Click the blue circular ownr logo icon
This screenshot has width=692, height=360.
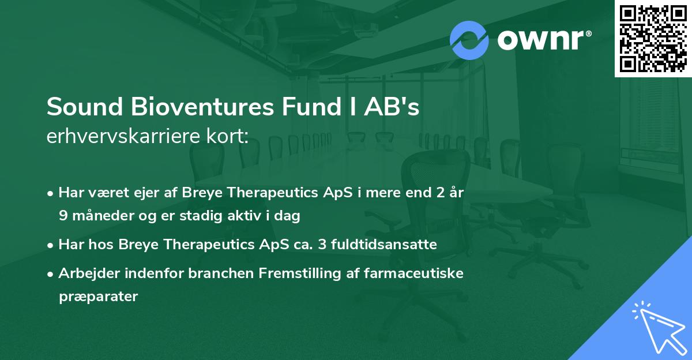click(x=469, y=40)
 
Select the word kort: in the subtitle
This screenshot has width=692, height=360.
click(x=229, y=137)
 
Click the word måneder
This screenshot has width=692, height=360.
click(x=100, y=216)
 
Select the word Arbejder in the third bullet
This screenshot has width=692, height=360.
click(x=85, y=273)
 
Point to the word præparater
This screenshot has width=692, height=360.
click(x=98, y=297)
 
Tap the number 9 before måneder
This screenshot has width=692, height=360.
click(x=62, y=216)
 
